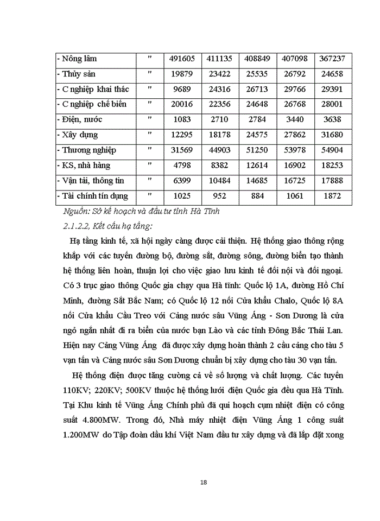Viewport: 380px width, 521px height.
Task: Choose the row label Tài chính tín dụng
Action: coord(93,195)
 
